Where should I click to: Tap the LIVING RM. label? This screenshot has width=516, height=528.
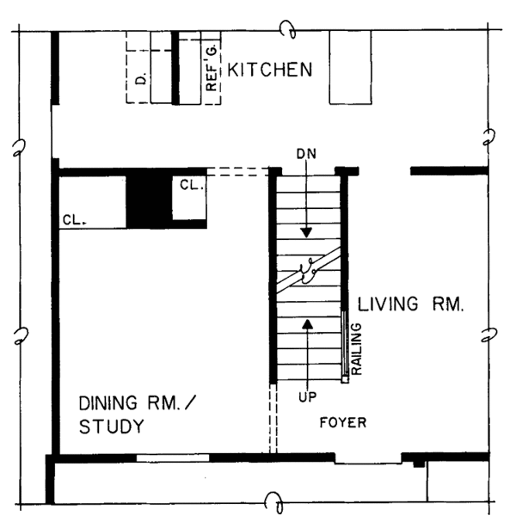411,304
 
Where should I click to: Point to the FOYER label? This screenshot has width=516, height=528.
342,422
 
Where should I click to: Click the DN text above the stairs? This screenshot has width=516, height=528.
306,153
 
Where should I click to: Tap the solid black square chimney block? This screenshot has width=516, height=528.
148,201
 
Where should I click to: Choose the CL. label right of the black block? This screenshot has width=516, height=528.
190,184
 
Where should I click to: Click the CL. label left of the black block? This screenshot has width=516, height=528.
73,220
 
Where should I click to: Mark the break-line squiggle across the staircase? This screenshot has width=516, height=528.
307,273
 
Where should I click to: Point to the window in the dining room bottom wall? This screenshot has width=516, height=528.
172,457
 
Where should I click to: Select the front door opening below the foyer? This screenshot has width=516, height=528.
367,459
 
